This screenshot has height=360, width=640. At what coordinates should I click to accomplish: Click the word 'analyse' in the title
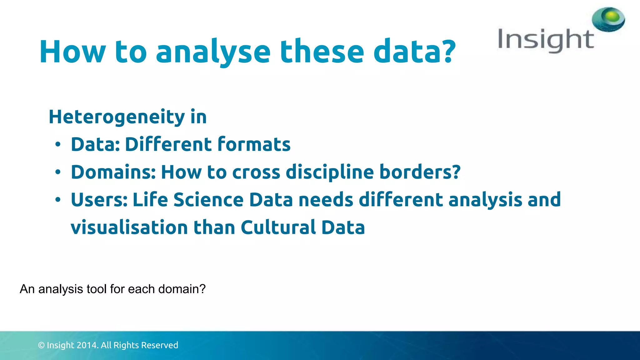click(213, 52)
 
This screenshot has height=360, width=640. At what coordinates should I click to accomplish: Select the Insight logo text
click(545, 40)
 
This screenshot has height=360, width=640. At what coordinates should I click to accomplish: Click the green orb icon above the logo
click(608, 19)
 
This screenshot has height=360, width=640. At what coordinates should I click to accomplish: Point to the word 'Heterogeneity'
click(117, 117)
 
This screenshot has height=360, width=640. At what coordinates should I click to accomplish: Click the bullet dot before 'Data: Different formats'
click(58, 145)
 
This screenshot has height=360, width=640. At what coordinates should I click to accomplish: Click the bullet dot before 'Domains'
click(58, 172)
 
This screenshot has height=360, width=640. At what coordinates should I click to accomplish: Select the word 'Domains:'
click(113, 172)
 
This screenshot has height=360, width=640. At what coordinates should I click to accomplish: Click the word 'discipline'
click(330, 172)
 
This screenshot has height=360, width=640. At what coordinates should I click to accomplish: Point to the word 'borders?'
click(420, 172)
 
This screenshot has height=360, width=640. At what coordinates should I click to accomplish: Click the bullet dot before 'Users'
click(58, 200)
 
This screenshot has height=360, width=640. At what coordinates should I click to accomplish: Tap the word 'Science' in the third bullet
click(208, 200)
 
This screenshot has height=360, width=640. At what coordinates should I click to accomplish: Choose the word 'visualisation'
click(129, 227)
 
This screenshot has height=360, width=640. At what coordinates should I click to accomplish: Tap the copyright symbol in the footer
click(41, 345)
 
